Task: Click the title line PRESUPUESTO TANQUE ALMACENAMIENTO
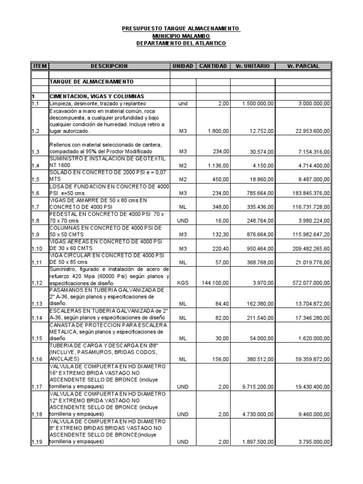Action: tap(181, 29)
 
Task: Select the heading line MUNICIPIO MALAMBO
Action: tap(181, 36)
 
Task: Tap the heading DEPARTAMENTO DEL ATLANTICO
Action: tap(181, 43)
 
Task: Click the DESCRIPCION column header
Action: tap(109, 66)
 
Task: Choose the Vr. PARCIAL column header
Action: tap(303, 66)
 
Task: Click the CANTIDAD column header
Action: tap(213, 66)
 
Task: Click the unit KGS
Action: tap(182, 282)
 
